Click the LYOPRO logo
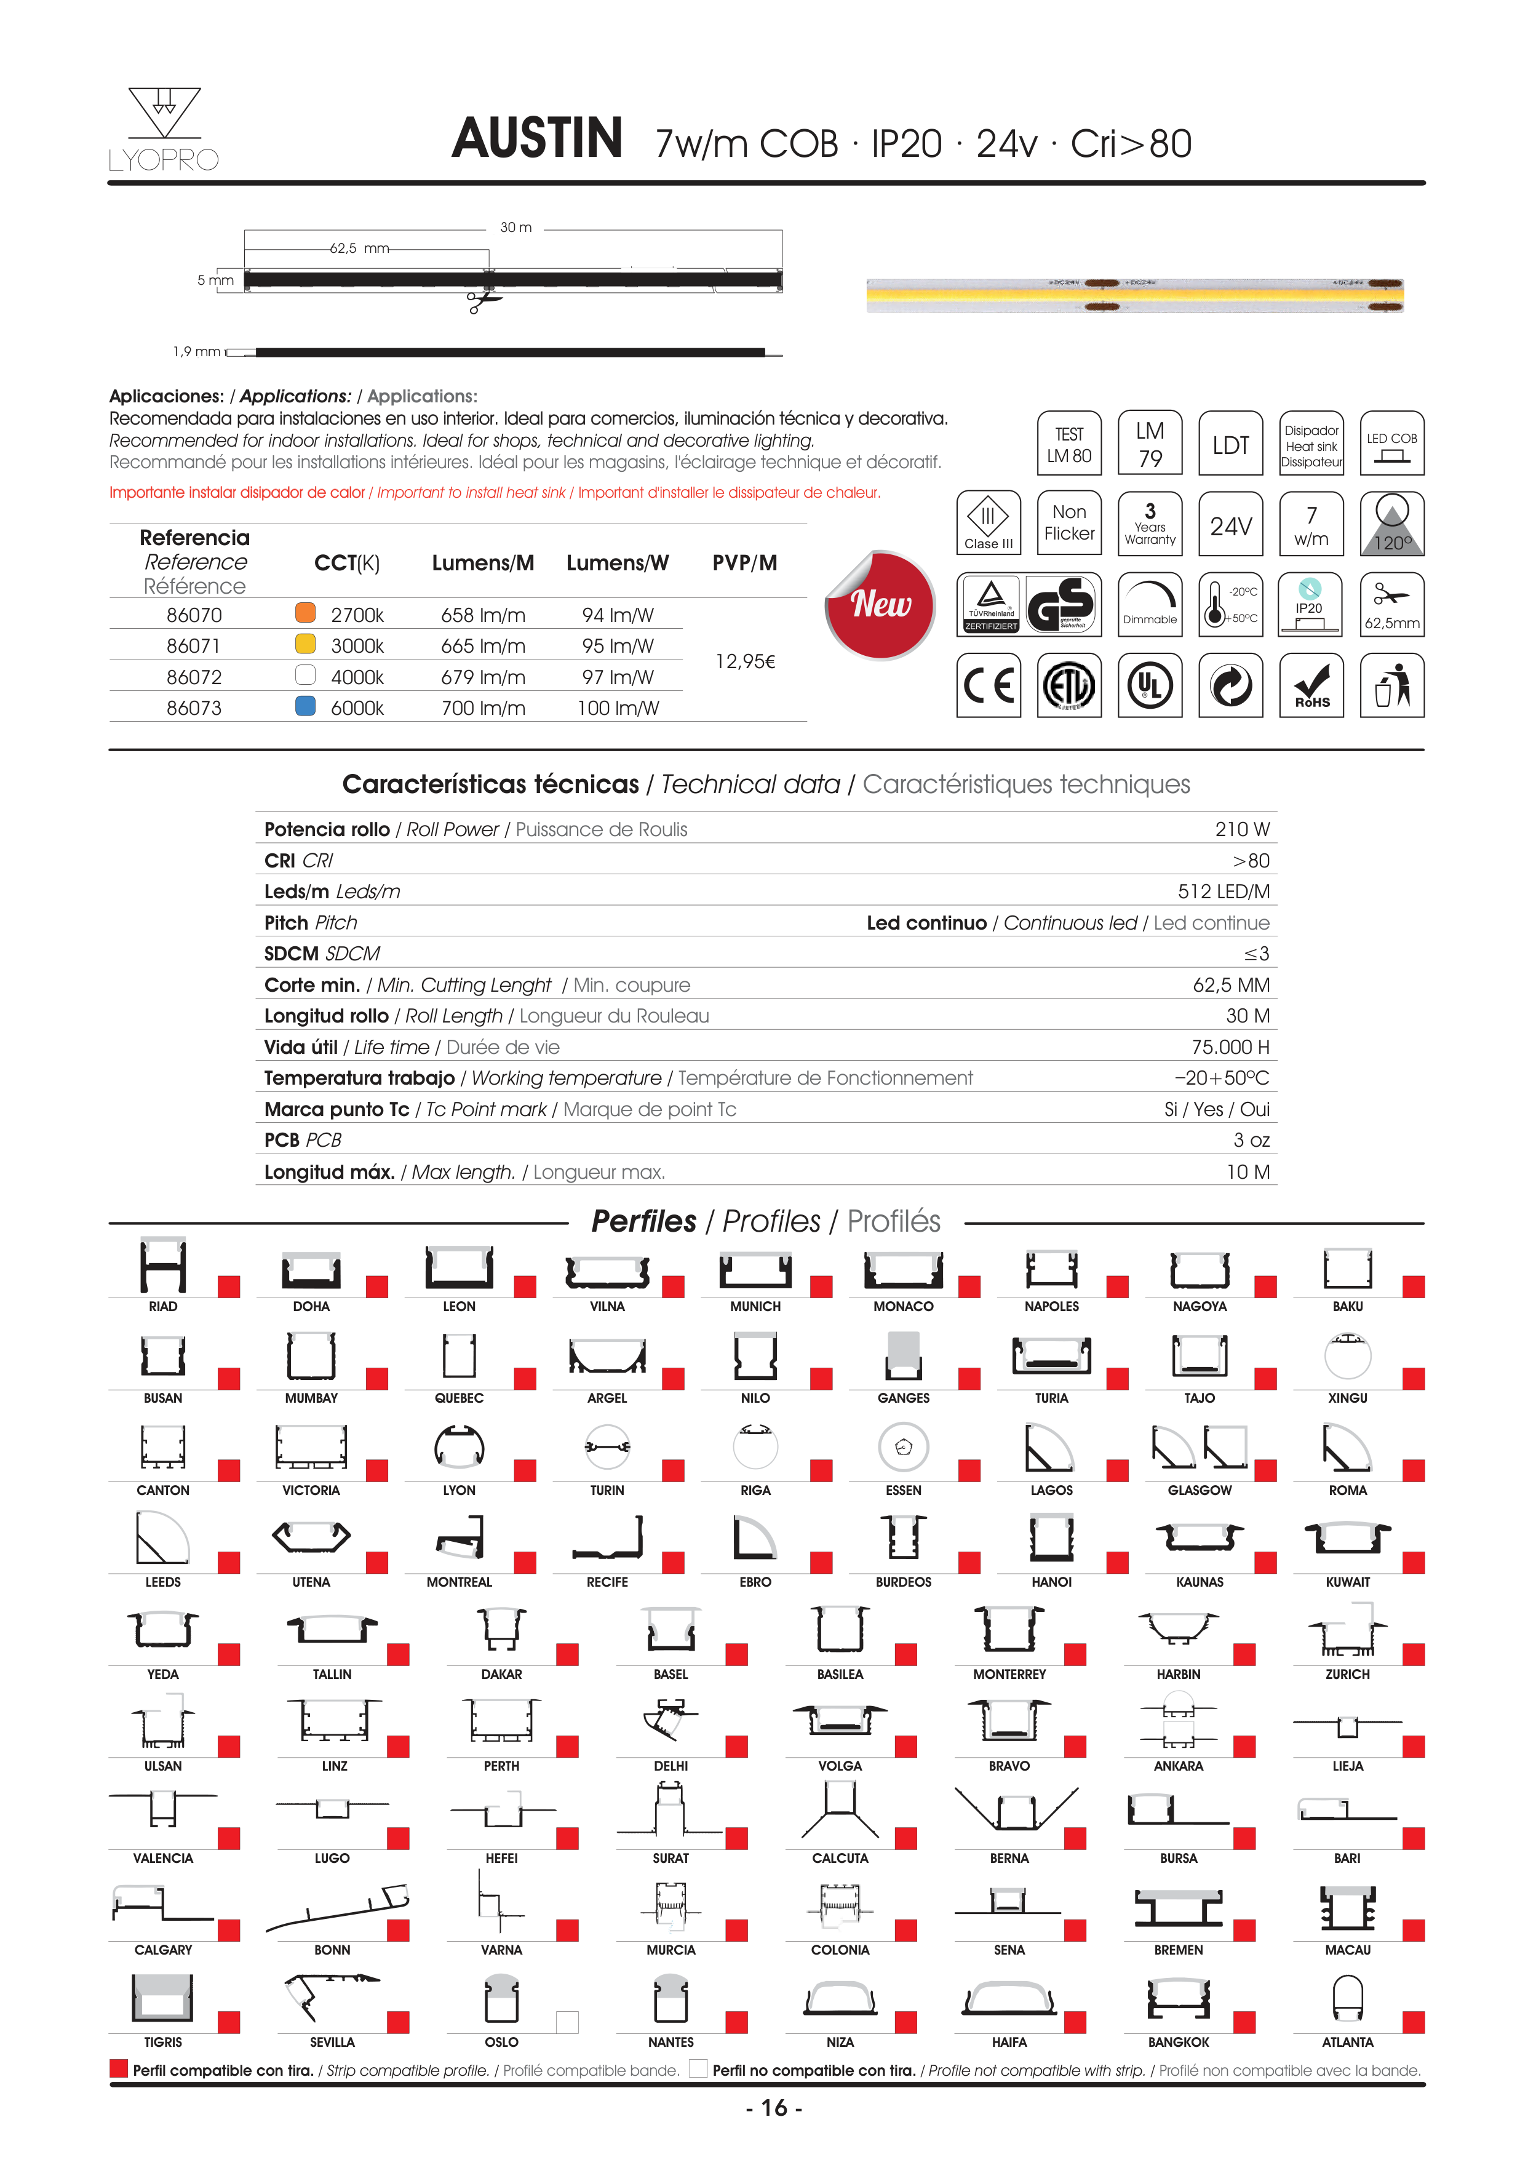point(164,130)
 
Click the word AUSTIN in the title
point(536,138)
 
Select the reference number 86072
point(194,677)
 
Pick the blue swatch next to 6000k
point(304,706)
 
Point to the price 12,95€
point(745,661)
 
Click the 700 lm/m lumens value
point(483,708)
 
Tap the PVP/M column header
point(745,563)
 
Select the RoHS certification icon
point(1311,685)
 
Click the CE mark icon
point(988,685)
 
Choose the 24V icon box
point(1230,524)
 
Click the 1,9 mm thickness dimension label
point(196,352)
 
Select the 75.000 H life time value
point(1230,1047)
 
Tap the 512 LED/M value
point(1223,891)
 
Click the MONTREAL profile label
point(459,1582)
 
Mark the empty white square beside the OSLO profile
point(567,2022)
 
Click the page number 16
point(774,2108)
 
